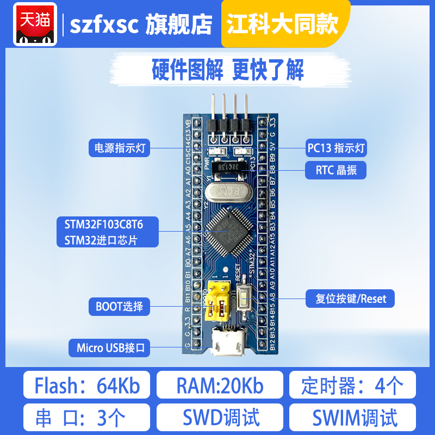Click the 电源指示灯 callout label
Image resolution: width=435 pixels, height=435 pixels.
[x=120, y=148]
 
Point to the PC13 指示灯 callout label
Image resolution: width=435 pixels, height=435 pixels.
[x=336, y=147]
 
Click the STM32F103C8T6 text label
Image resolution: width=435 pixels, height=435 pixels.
[x=103, y=223]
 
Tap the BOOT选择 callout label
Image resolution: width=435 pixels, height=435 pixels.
[x=119, y=306]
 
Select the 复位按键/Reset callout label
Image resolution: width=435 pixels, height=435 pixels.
[x=347, y=299]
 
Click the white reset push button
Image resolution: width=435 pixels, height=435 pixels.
[x=244, y=297]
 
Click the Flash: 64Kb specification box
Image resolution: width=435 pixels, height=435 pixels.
[x=87, y=386]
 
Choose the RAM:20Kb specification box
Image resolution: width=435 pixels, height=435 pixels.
[x=220, y=386]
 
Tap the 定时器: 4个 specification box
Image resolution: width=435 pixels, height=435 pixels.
[x=352, y=386]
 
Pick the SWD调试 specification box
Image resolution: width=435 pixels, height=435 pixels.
[x=220, y=418]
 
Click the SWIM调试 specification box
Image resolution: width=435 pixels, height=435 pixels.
[x=352, y=418]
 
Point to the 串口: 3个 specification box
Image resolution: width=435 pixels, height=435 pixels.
[x=87, y=418]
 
